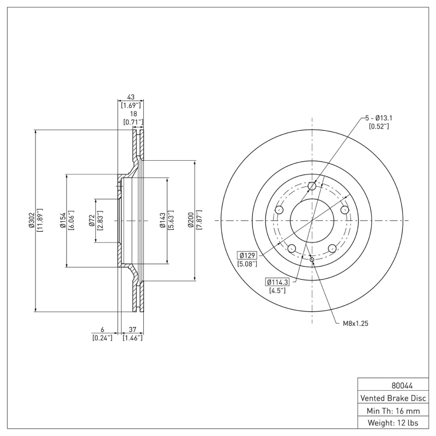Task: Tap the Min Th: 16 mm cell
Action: [x=393, y=410]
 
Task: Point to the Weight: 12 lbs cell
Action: [x=393, y=422]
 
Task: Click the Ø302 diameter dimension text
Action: [x=32, y=220]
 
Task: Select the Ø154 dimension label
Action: [x=63, y=220]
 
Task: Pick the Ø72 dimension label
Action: [x=92, y=220]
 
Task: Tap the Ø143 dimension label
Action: [x=162, y=220]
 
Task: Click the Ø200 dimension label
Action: [x=191, y=220]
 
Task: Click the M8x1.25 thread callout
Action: [x=356, y=323]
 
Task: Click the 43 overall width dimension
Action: [x=131, y=97]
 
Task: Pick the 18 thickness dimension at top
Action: [x=133, y=113]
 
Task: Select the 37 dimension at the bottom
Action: [x=133, y=330]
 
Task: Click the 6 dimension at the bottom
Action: [x=102, y=330]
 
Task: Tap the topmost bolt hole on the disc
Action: [x=312, y=187]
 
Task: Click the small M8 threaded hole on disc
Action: [x=312, y=259]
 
